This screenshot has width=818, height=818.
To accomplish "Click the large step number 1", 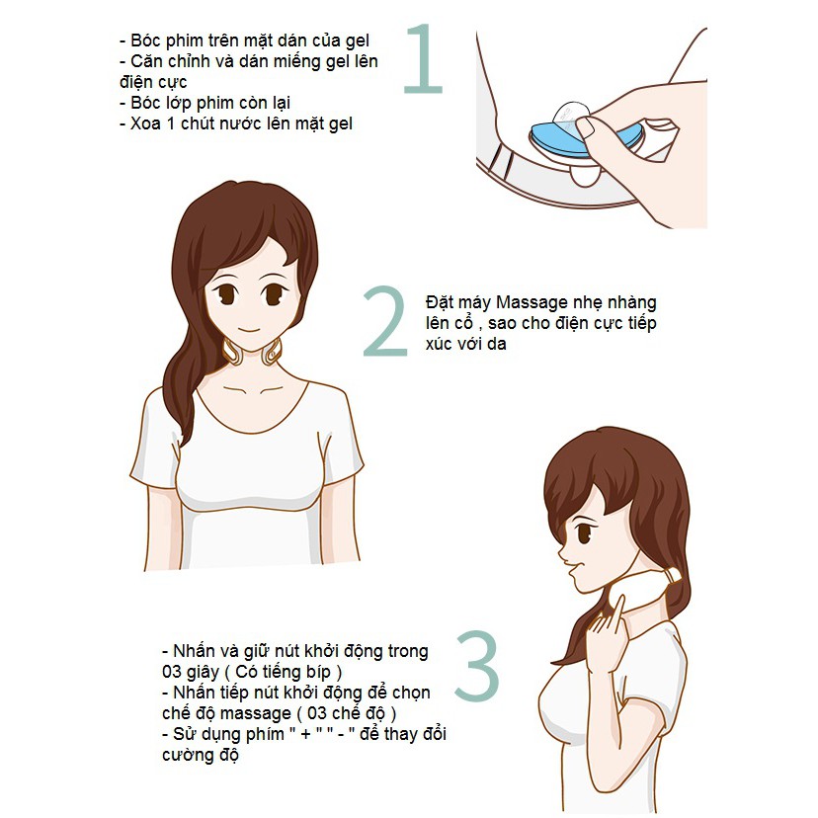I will click(424, 61).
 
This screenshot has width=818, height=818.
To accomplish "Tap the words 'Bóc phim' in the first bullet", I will click(161, 41).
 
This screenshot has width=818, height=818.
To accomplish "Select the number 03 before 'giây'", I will click(172, 674).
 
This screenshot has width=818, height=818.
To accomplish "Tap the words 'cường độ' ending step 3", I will click(201, 756).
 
